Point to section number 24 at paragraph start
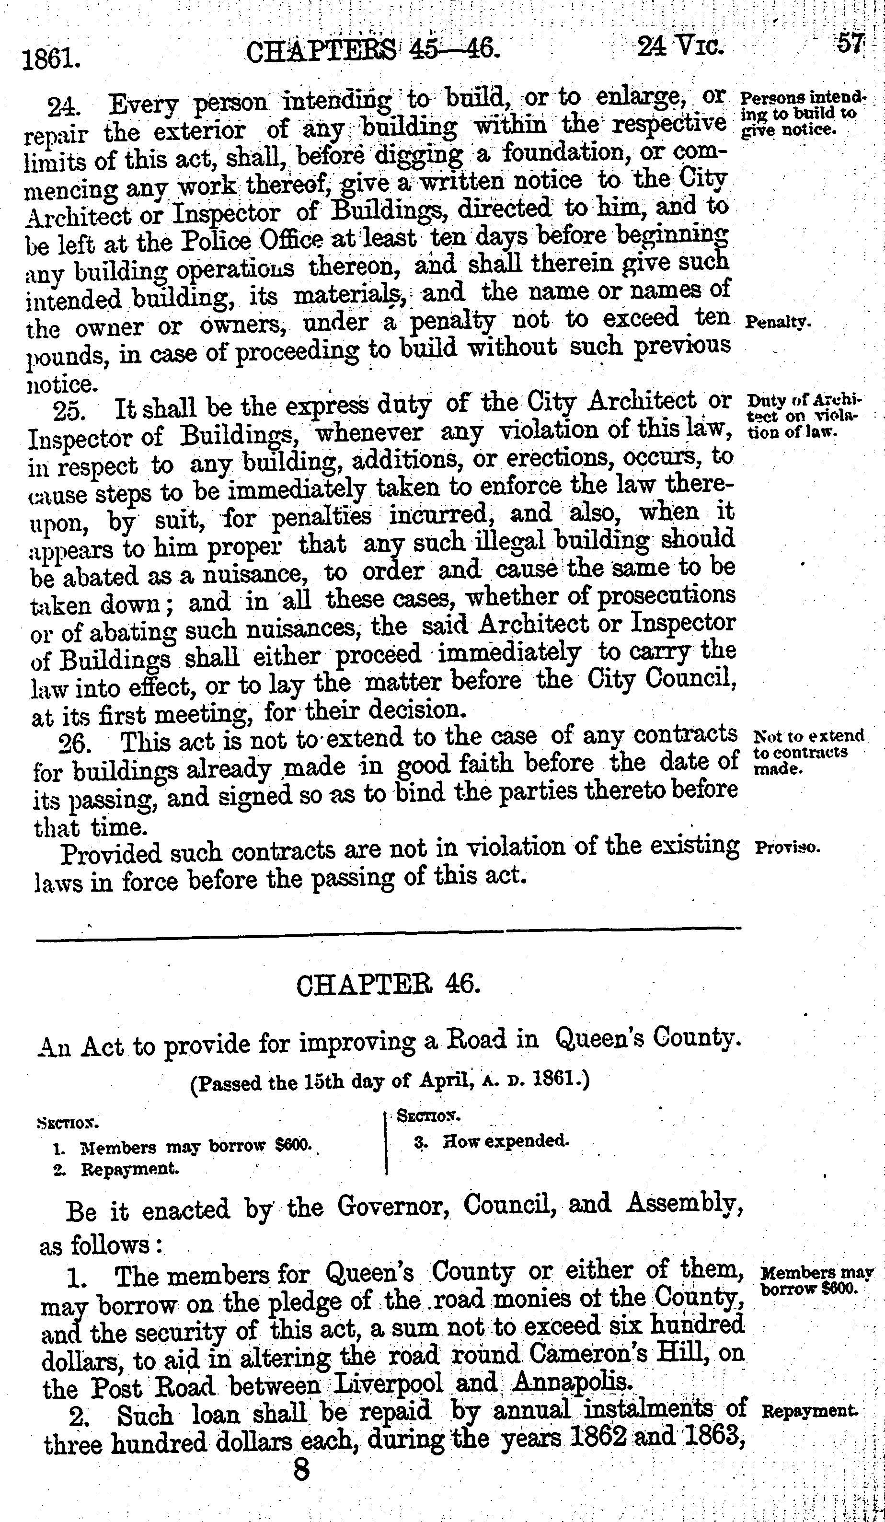point(63,107)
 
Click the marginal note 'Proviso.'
point(787,847)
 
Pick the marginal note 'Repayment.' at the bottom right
point(809,1411)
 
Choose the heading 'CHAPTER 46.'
point(388,986)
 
